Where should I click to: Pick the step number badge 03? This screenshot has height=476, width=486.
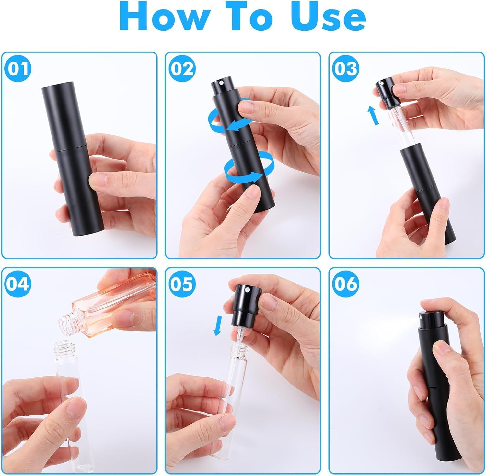tap(345, 69)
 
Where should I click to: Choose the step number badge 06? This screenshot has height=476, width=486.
tap(345, 284)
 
